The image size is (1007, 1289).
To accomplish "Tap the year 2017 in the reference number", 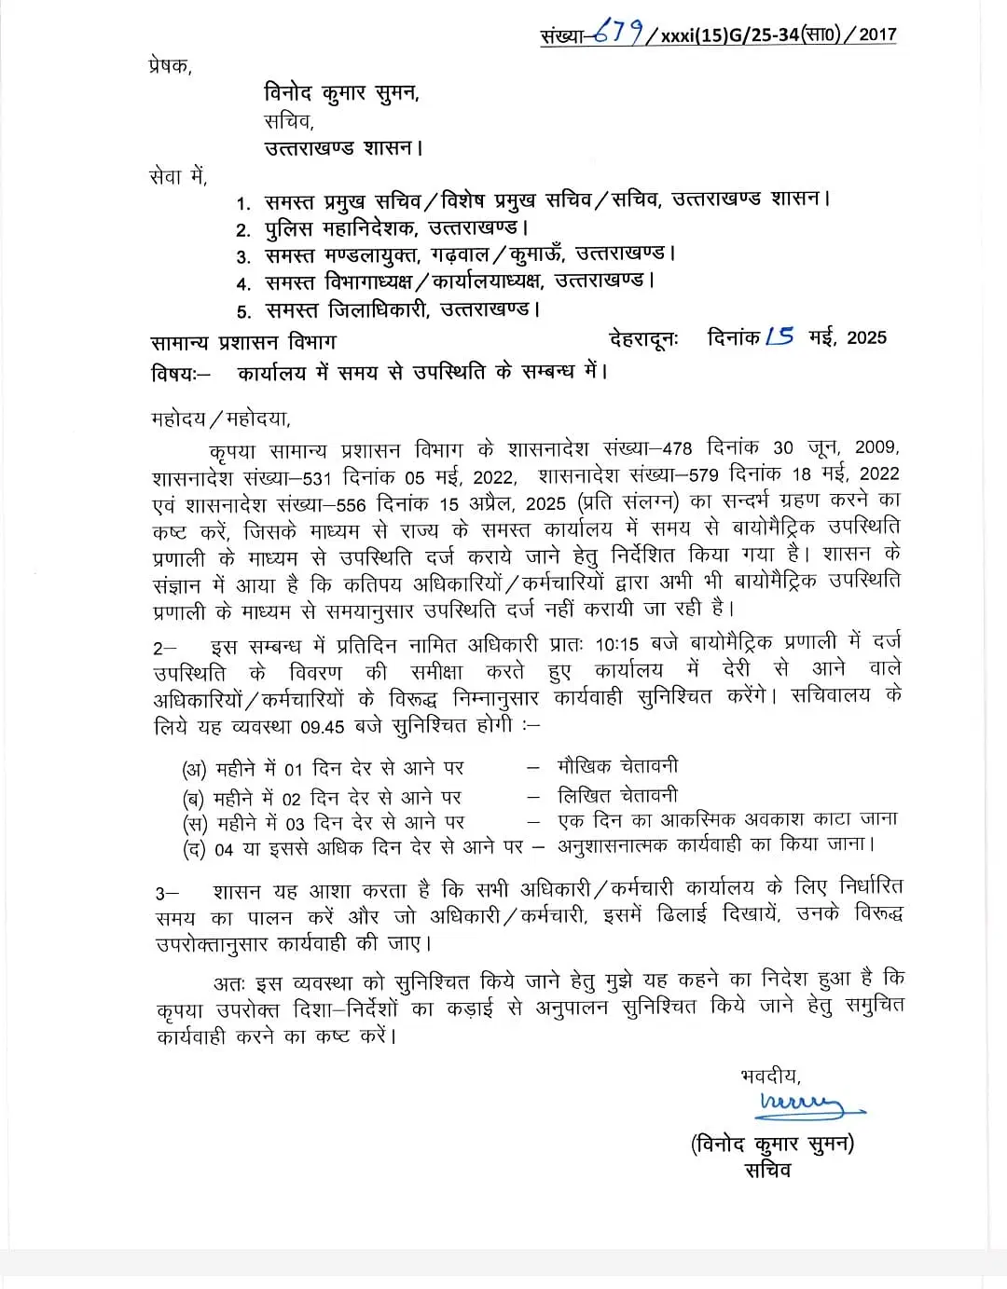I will coord(877,34).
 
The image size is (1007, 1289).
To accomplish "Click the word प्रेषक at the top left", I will coord(169,66).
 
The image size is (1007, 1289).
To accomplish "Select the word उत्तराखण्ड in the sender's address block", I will coord(310,148).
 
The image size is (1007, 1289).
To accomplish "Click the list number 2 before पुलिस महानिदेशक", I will coord(242,230).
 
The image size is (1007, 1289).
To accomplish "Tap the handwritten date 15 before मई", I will coord(779,336).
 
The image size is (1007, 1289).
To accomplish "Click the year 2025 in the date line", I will coord(866,337).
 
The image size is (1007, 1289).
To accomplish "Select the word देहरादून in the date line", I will coord(644,338).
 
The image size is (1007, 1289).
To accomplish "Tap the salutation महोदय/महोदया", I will coord(220,418).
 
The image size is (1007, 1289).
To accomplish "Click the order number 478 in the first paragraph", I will coord(677,448).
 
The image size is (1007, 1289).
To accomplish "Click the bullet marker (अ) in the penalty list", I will coord(194,771).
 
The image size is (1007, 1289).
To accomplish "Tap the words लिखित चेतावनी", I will coord(617,796).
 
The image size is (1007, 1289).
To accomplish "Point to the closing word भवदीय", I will coord(770,1076).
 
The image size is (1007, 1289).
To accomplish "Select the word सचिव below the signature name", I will coord(768,1171).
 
